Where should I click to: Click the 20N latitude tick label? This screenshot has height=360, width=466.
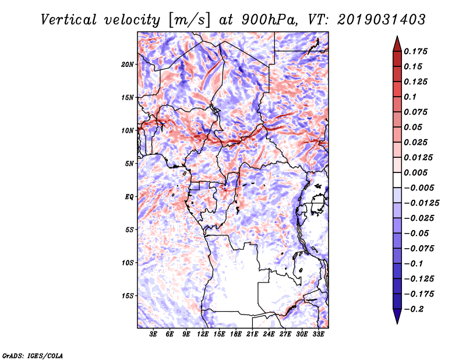[128, 65]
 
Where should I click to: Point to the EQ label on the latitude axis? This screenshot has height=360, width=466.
[129, 197]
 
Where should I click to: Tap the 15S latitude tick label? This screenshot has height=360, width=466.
[128, 296]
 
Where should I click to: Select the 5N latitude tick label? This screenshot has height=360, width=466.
[129, 164]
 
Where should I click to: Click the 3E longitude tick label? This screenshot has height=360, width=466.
[153, 334]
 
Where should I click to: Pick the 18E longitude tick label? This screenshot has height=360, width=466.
[236, 334]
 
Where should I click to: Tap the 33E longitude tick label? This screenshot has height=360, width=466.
[318, 334]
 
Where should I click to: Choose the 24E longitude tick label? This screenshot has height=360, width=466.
[269, 334]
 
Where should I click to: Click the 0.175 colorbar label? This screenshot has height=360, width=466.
[415, 51]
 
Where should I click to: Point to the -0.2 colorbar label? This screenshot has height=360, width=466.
[414, 309]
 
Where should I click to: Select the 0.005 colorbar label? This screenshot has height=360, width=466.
[415, 172]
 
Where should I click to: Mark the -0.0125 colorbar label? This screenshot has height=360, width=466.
[421, 203]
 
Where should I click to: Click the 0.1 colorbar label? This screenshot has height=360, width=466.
[410, 97]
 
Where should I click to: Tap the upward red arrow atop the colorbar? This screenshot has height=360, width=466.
[397, 44]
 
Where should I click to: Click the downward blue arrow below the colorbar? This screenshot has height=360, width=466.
[397, 316]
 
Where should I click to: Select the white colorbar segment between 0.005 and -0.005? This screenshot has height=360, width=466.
[397, 180]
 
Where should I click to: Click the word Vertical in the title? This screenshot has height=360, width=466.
[69, 20]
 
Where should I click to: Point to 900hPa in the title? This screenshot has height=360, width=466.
[269, 20]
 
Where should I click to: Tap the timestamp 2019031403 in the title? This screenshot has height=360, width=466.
[382, 20]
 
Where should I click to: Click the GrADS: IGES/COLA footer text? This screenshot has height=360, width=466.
[33, 355]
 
